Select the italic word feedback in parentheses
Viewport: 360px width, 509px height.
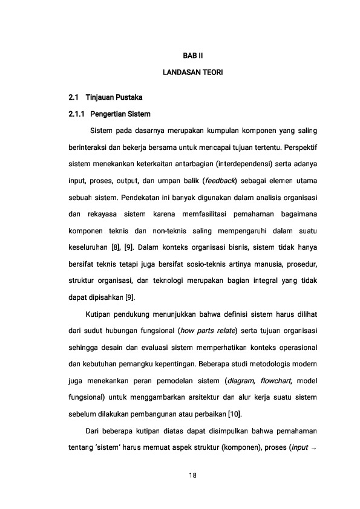tap(220, 181)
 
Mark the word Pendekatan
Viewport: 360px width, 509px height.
tap(145, 197)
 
